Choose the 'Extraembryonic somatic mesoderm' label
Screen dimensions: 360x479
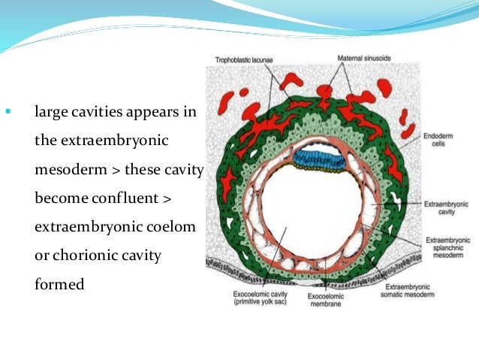pyautogui.click(x=418, y=291)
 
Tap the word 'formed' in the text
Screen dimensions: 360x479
pyautogui.click(x=56, y=285)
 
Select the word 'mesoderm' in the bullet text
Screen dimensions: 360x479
pyautogui.click(x=69, y=171)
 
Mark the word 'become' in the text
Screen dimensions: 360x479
pyautogui.click(x=60, y=199)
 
